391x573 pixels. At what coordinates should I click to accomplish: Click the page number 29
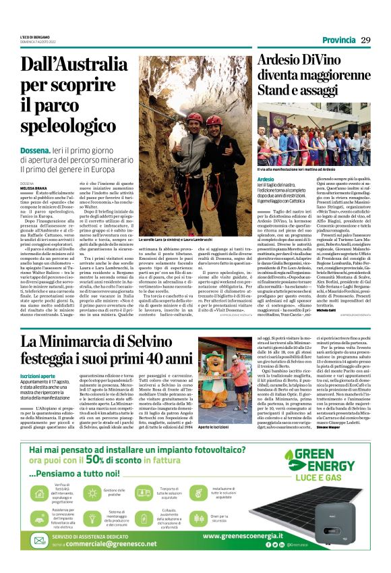coord(366,40)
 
